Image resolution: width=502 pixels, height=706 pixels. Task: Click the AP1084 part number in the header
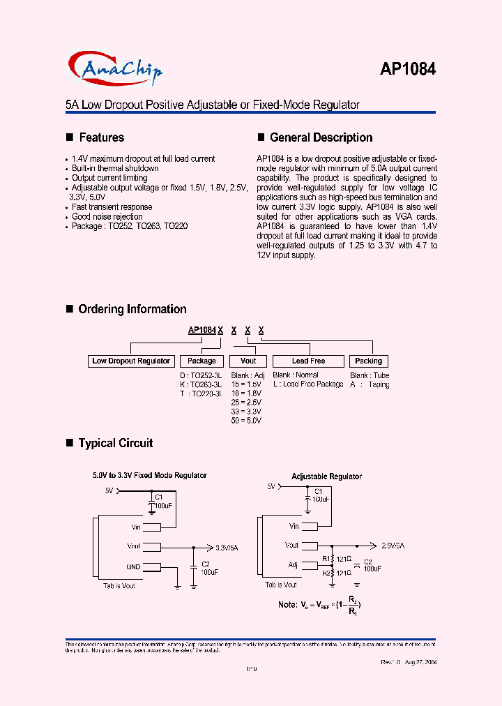[408, 69]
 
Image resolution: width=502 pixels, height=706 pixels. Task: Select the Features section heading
[101, 137]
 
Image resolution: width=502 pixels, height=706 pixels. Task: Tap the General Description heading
[321, 137]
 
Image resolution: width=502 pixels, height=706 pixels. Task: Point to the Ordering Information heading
[132, 309]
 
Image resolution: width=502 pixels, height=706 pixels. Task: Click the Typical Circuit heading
[115, 443]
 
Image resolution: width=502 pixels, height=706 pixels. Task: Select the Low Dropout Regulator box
[131, 361]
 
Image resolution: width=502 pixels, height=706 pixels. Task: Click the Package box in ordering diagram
[201, 361]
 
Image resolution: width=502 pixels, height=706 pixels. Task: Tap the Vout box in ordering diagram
[248, 361]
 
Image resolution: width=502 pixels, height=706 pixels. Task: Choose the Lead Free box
[308, 361]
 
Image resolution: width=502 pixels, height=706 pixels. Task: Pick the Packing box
[368, 361]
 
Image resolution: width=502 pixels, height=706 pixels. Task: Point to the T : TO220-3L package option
[201, 393]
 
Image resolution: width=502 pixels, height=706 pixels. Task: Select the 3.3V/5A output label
[227, 548]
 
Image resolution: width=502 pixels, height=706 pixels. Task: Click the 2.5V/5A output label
[393, 546]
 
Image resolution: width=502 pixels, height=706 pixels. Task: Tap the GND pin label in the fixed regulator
[133, 566]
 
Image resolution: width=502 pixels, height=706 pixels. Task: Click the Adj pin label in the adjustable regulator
[293, 564]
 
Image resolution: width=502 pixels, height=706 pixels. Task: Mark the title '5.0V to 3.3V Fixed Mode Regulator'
[150, 475]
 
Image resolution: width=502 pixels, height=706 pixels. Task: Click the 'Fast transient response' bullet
[112, 207]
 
